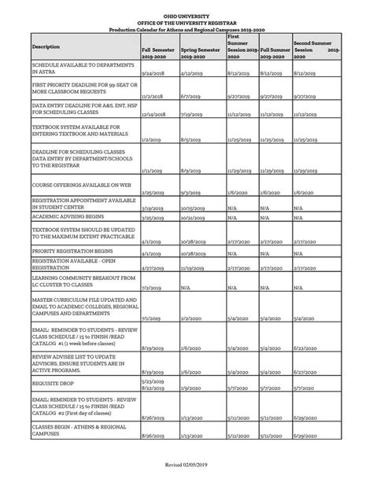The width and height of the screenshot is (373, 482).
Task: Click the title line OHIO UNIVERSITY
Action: [186, 15]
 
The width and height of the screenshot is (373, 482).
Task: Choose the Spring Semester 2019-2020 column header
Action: [201, 53]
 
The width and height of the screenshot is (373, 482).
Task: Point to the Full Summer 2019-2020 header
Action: [275, 53]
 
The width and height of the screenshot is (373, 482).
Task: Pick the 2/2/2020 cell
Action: [190, 318]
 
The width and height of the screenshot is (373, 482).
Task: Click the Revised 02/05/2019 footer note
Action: [186, 465]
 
